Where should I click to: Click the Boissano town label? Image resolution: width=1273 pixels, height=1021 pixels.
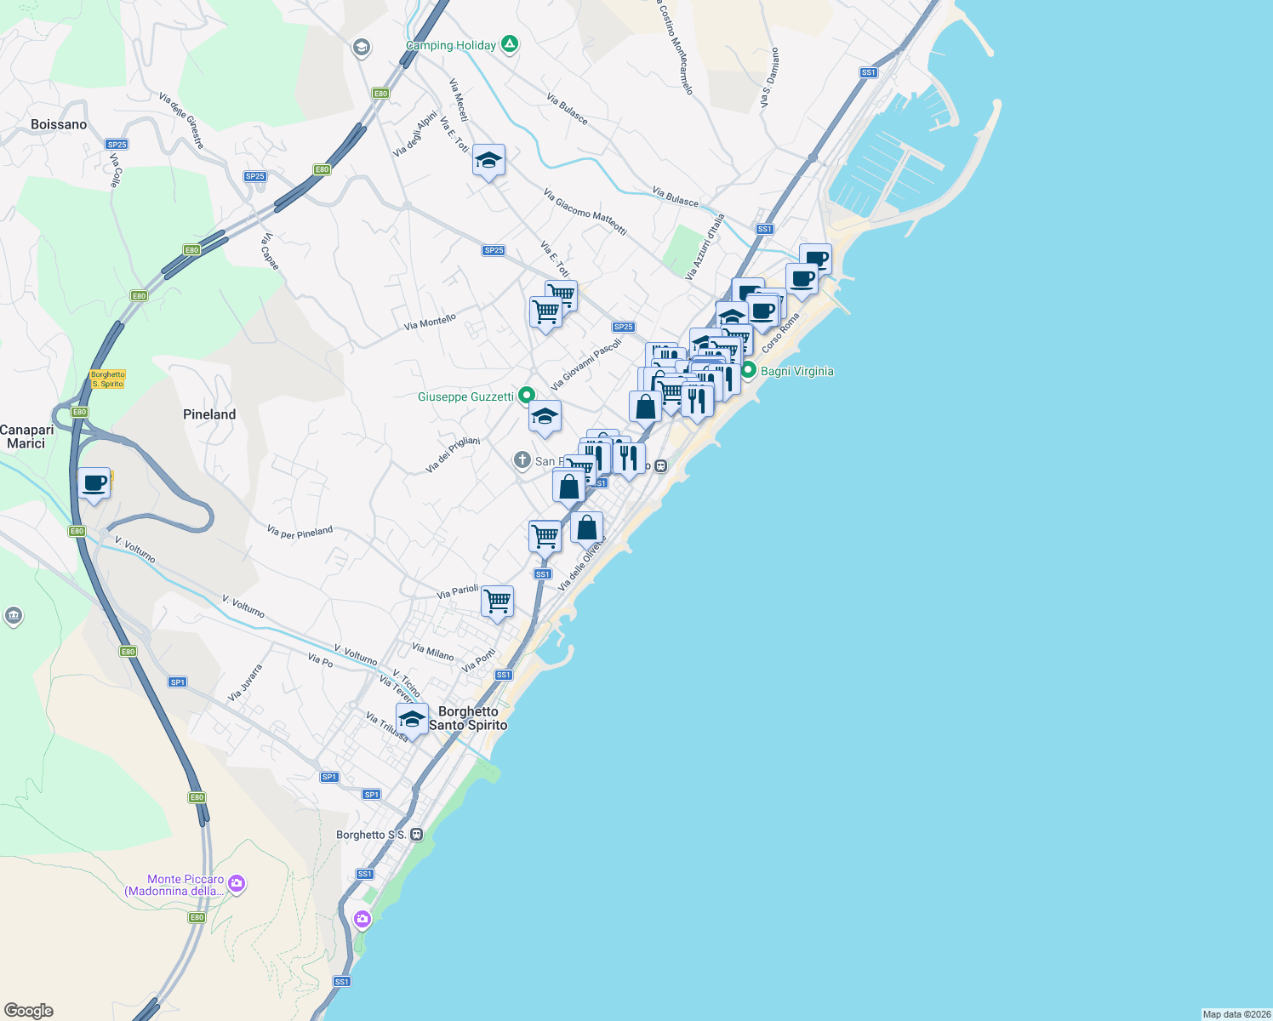(59, 124)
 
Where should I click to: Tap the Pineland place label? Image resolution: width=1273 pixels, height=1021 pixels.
(209, 414)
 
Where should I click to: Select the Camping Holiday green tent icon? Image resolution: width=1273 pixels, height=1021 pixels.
(510, 43)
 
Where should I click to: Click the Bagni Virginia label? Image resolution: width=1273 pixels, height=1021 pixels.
(796, 371)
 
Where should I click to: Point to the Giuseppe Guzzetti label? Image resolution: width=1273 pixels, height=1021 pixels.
(466, 396)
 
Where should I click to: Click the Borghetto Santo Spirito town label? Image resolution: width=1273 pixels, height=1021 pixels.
(468, 718)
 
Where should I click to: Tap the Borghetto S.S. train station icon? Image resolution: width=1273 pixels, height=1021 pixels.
(416, 835)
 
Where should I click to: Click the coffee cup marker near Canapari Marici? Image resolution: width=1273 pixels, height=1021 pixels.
(94, 484)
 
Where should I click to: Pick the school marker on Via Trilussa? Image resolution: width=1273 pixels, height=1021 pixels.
(412, 719)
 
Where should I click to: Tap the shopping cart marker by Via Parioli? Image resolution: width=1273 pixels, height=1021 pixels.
(498, 602)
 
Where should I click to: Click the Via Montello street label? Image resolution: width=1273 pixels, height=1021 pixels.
(430, 322)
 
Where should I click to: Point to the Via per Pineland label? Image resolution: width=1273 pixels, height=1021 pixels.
(300, 533)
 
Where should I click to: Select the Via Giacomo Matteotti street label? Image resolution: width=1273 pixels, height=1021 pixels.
(585, 212)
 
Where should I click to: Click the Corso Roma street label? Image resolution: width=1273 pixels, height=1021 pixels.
(780, 334)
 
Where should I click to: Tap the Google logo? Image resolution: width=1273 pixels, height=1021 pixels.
(28, 1011)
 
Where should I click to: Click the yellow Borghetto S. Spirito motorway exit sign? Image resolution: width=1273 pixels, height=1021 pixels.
(108, 379)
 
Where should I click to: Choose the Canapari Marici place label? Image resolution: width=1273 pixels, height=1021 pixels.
(26, 436)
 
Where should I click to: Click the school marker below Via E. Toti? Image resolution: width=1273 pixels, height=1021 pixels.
(488, 160)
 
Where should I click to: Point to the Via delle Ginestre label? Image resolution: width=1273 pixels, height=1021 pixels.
(181, 121)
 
